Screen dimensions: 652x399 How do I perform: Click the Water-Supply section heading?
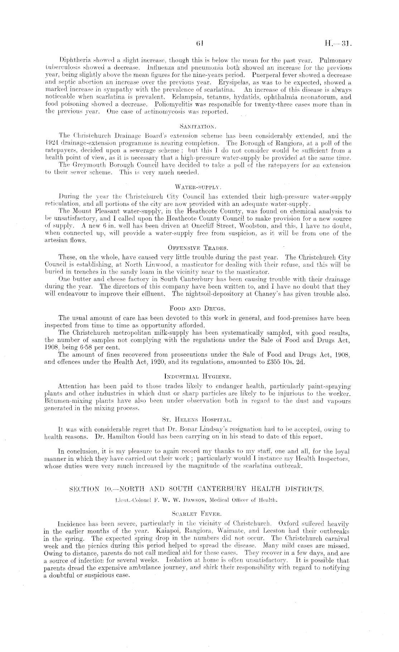click(199, 187)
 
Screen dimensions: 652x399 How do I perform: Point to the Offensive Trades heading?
click(199, 247)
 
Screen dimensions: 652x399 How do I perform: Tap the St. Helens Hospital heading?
click(199, 418)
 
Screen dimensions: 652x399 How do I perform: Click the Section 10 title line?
click(199, 488)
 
